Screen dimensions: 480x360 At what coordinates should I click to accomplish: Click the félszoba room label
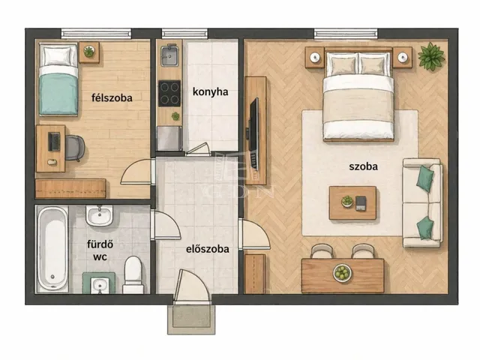[112, 98]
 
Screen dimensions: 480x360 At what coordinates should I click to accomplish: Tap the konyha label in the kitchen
[210, 91]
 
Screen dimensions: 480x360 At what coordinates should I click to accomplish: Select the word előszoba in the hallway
[208, 249]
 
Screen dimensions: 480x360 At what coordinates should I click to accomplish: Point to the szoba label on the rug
[363, 166]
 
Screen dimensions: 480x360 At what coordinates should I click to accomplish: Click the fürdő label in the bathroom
[100, 244]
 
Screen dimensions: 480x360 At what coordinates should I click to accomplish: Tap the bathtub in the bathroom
[52, 249]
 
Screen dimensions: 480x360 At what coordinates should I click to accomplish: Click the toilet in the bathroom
[133, 275]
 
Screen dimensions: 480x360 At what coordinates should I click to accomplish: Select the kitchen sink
[169, 55]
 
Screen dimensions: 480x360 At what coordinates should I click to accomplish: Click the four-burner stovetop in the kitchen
[169, 93]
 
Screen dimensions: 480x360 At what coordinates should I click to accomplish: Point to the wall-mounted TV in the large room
[254, 133]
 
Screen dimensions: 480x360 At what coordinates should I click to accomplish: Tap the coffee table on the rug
[352, 202]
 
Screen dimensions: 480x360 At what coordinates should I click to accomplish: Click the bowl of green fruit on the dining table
[342, 272]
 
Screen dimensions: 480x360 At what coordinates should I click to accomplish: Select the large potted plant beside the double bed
[431, 56]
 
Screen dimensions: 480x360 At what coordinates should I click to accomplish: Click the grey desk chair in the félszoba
[75, 148]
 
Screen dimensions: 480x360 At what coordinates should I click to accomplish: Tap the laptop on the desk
[54, 142]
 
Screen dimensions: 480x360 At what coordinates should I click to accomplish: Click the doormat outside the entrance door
[191, 319]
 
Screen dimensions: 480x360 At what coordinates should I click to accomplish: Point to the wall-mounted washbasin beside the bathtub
[99, 215]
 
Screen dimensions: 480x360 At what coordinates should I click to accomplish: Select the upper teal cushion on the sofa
[425, 178]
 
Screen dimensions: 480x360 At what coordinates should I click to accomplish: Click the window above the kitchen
[184, 33]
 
